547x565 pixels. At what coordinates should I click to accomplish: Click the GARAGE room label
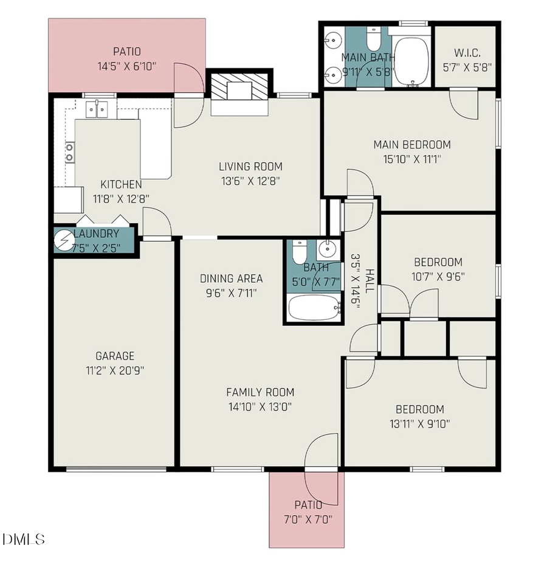click(x=115, y=356)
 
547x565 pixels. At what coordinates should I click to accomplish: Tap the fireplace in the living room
click(x=239, y=90)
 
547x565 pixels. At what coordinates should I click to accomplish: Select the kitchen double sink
click(x=97, y=109)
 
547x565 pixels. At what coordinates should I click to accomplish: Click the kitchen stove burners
click(x=69, y=152)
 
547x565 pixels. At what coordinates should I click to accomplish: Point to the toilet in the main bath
click(x=373, y=40)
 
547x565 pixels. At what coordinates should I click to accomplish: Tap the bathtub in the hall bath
click(x=312, y=308)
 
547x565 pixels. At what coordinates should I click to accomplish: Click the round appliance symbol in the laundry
click(x=63, y=240)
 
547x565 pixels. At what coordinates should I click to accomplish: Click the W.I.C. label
click(x=465, y=52)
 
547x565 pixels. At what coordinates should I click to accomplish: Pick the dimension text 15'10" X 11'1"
click(x=411, y=159)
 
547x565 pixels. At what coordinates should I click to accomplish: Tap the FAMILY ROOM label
click(x=260, y=392)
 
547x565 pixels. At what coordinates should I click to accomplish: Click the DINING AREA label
click(x=232, y=279)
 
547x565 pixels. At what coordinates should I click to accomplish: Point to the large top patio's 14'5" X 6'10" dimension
click(x=126, y=66)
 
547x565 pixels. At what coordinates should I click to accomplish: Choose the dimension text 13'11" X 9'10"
click(x=419, y=424)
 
